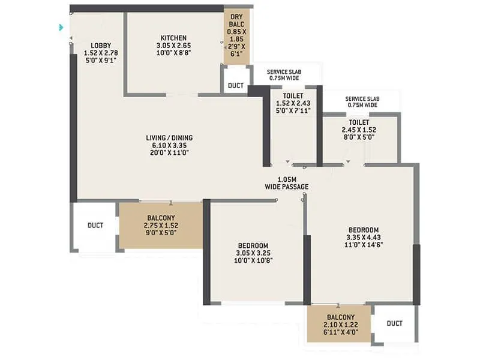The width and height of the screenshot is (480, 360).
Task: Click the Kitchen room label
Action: pyautogui.click(x=171, y=38)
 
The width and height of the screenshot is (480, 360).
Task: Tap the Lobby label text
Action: pyautogui.click(x=100, y=46)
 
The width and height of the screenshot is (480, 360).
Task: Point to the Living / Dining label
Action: pyautogui.click(x=169, y=138)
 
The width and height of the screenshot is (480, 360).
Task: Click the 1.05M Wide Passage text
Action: pyautogui.click(x=287, y=183)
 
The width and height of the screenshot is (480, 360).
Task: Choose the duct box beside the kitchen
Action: pyautogui.click(x=236, y=86)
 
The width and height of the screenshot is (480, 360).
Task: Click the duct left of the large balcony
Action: pyautogui.click(x=95, y=226)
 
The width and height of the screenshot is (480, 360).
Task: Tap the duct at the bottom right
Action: pyautogui.click(x=394, y=323)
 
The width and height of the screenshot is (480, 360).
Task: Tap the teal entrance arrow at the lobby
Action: pyautogui.click(x=61, y=27)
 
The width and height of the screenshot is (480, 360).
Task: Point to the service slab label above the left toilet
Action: pyautogui.click(x=284, y=75)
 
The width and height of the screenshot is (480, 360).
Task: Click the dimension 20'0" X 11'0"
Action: pyautogui.click(x=169, y=152)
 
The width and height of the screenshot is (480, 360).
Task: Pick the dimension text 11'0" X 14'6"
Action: pyautogui.click(x=364, y=245)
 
